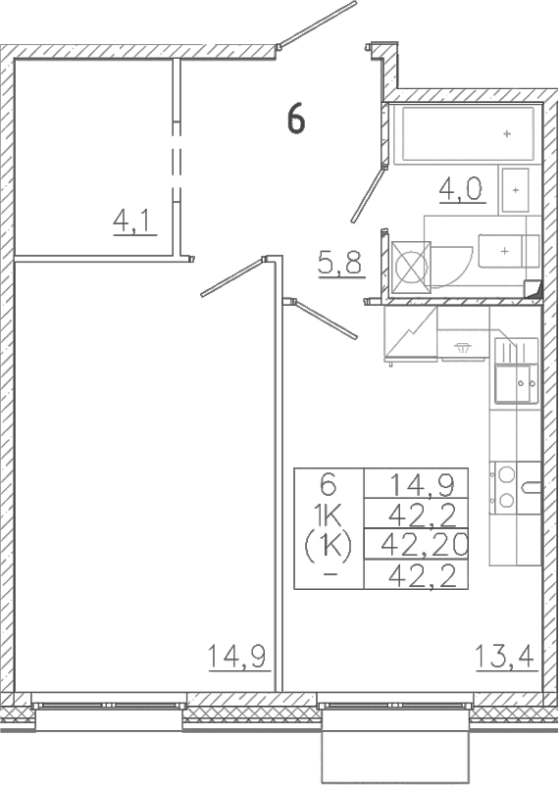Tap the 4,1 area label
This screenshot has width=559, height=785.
[x=132, y=221]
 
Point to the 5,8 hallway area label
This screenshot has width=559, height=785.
[x=340, y=262]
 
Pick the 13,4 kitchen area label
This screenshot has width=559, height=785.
[x=504, y=657]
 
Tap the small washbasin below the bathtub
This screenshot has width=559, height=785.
[x=515, y=190]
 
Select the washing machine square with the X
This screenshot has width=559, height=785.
[x=411, y=267]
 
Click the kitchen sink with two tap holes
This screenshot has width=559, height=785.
[x=516, y=383]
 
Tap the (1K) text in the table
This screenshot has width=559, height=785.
[x=329, y=545]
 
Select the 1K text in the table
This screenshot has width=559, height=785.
[x=329, y=515]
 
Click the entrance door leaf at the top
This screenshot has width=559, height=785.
[x=317, y=25]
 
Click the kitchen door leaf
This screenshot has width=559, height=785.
[x=324, y=319]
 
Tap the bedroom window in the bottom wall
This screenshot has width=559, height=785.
[x=109, y=705]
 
